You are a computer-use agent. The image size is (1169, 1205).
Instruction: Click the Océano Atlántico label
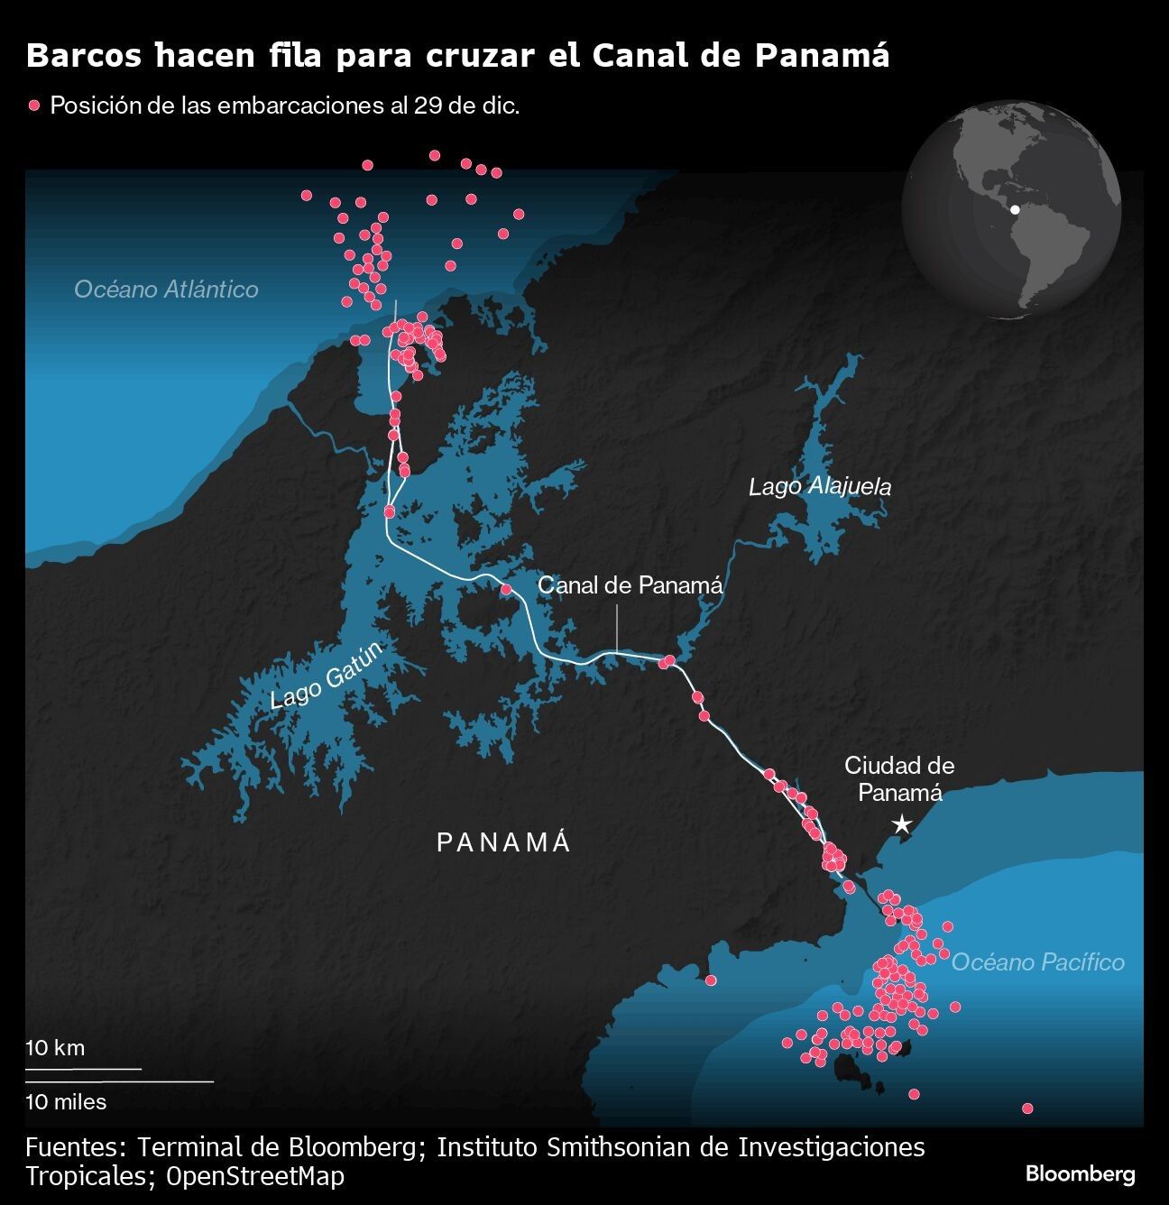[166, 289]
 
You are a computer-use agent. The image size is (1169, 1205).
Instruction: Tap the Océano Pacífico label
[1038, 961]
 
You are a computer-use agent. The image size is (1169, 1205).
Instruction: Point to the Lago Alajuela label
[820, 487]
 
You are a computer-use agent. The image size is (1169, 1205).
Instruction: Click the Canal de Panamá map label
[630, 584]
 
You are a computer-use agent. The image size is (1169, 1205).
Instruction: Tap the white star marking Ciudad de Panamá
[900, 824]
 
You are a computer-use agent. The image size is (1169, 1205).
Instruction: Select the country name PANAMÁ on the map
[504, 842]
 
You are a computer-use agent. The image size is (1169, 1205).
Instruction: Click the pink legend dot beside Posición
[35, 106]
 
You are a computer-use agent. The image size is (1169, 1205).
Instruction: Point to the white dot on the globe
[1015, 209]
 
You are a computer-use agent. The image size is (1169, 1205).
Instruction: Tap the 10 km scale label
[55, 1048]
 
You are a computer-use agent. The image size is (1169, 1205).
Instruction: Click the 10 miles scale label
[66, 1101]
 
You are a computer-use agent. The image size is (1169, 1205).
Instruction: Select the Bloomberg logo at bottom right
[1080, 1173]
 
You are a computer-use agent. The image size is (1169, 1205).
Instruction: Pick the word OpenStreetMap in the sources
[255, 1176]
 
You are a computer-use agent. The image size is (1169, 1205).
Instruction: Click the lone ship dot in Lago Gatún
[506, 589]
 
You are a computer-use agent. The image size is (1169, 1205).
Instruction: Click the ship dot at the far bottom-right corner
[1026, 1108]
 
